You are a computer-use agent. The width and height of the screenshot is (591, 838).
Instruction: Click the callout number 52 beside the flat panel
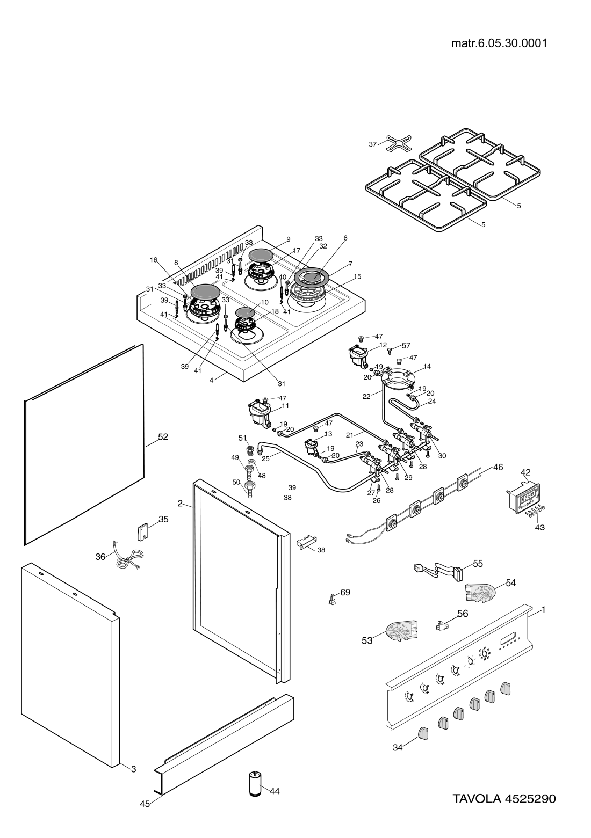[x=163, y=438]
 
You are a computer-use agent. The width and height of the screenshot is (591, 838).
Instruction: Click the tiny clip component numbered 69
[x=333, y=598]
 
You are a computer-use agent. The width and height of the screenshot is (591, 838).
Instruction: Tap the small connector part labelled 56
[x=442, y=624]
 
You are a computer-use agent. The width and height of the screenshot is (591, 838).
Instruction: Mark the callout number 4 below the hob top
[x=212, y=380]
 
